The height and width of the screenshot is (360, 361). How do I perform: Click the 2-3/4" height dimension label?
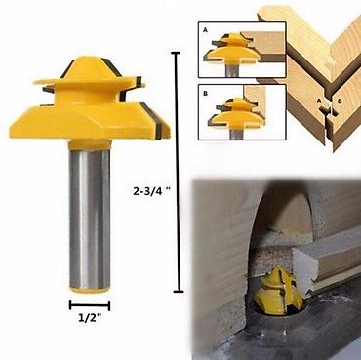(x=152, y=192)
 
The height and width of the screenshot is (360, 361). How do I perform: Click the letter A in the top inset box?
(x=205, y=30)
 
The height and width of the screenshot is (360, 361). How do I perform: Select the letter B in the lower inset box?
(x=205, y=94)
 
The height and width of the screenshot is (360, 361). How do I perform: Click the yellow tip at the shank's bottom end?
(x=90, y=289)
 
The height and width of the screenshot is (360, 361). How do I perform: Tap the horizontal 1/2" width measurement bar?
(x=90, y=305)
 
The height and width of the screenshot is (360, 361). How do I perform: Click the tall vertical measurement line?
(x=178, y=172)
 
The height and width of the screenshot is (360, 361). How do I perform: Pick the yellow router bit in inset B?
(x=236, y=114)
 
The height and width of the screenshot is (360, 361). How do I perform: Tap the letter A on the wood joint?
(x=319, y=101)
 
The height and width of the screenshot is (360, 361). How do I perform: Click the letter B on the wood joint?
(x=340, y=101)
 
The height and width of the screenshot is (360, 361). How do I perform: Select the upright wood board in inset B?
(x=255, y=104)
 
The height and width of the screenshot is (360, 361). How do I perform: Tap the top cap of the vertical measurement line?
(x=176, y=53)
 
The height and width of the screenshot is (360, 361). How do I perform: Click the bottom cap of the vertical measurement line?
(x=179, y=291)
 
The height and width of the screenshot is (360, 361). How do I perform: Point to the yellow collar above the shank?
(x=90, y=143)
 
